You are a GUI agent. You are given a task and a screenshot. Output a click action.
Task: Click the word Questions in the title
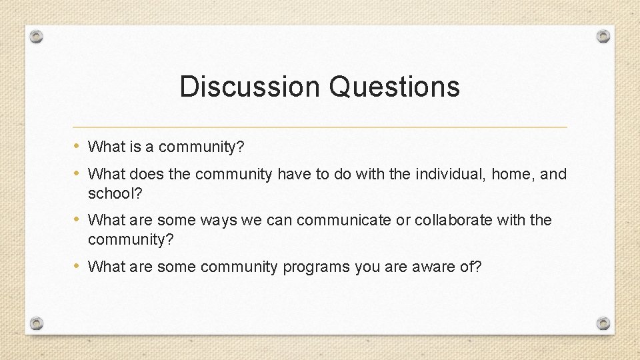pyautogui.click(x=394, y=87)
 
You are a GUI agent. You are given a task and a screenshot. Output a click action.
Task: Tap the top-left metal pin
pyautogui.click(x=37, y=37)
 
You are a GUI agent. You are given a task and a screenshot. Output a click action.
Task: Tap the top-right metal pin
pyautogui.click(x=603, y=36)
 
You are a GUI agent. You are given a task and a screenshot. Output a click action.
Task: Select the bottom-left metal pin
pyautogui.click(x=37, y=323)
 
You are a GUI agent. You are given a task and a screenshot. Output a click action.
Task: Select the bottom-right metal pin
pyautogui.click(x=603, y=323)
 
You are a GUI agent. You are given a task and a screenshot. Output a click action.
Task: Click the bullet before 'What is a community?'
pyautogui.click(x=78, y=146)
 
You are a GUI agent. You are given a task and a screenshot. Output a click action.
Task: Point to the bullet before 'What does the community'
pyautogui.click(x=78, y=174)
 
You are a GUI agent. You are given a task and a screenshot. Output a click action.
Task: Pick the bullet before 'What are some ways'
pyautogui.click(x=78, y=219)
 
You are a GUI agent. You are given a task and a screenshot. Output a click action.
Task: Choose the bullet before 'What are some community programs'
pyautogui.click(x=78, y=267)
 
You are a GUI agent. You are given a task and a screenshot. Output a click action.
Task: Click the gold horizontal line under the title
pyautogui.click(x=320, y=127)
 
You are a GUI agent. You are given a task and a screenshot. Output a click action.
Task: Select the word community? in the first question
pyautogui.click(x=202, y=147)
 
